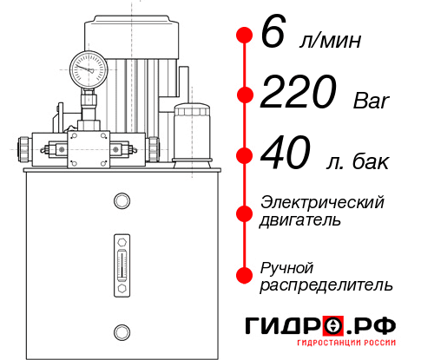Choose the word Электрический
[x=322, y=201]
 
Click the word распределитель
[x=326, y=284]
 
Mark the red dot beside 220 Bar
[x=244, y=95]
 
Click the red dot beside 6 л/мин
[x=244, y=36]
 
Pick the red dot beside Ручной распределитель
[x=244, y=274]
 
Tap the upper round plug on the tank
[x=121, y=202]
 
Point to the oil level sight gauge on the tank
[x=121, y=258]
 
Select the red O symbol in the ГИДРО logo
[x=333, y=327]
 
